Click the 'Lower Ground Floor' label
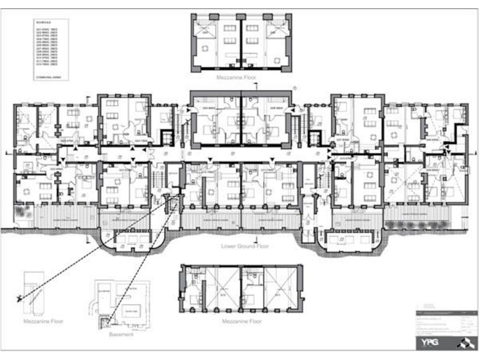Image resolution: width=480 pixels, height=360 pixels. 245,246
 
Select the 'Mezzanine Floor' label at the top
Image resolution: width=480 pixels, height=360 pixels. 241,79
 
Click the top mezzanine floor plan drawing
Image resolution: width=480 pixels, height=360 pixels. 241,42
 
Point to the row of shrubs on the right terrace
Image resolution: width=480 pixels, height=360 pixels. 410,223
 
